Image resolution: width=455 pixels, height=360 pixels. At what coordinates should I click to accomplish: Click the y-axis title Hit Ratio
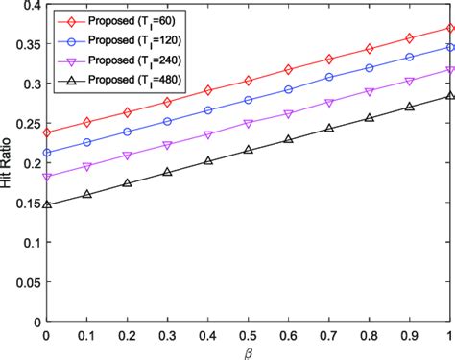click(x=9, y=163)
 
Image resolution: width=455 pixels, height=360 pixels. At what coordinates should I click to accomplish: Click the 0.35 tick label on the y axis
click(x=24, y=44)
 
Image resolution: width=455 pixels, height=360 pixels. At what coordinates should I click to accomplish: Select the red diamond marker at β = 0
click(x=45, y=132)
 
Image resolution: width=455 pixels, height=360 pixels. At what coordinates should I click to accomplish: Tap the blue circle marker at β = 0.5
click(x=248, y=100)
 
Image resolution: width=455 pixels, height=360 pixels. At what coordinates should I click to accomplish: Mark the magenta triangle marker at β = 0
click(x=45, y=177)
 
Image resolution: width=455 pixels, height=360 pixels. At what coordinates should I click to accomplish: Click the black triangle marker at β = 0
click(x=45, y=204)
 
